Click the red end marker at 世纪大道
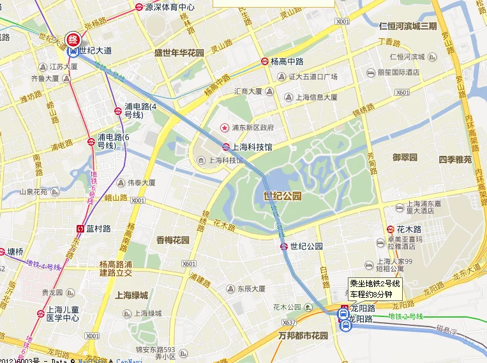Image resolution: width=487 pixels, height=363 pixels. pos(74,38)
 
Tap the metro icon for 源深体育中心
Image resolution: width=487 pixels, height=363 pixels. pos(139,7)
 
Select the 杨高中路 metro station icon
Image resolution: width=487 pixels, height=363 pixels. pos(264,61)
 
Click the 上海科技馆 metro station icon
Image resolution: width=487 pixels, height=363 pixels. pos(226,146)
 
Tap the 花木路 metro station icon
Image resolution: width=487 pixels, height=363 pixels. pos(390,229)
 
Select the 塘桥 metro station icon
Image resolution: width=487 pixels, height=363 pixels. pos(3,251)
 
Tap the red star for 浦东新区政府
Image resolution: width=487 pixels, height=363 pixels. pos(223,125)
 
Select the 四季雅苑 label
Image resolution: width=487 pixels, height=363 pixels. pos(455,159)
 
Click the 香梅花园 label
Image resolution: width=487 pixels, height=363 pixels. pos(173,240)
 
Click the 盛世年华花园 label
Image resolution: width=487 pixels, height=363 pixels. pos(179,53)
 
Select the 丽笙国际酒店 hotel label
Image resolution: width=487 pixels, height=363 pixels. pos(398,72)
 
